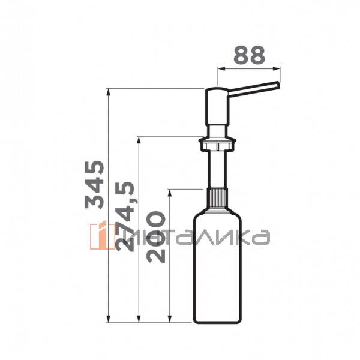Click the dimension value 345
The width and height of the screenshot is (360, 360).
pyautogui.click(x=95, y=184)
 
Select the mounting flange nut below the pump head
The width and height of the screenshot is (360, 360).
pyautogui.click(x=217, y=143)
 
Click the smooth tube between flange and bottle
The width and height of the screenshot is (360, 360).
pyautogui.click(x=217, y=171)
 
